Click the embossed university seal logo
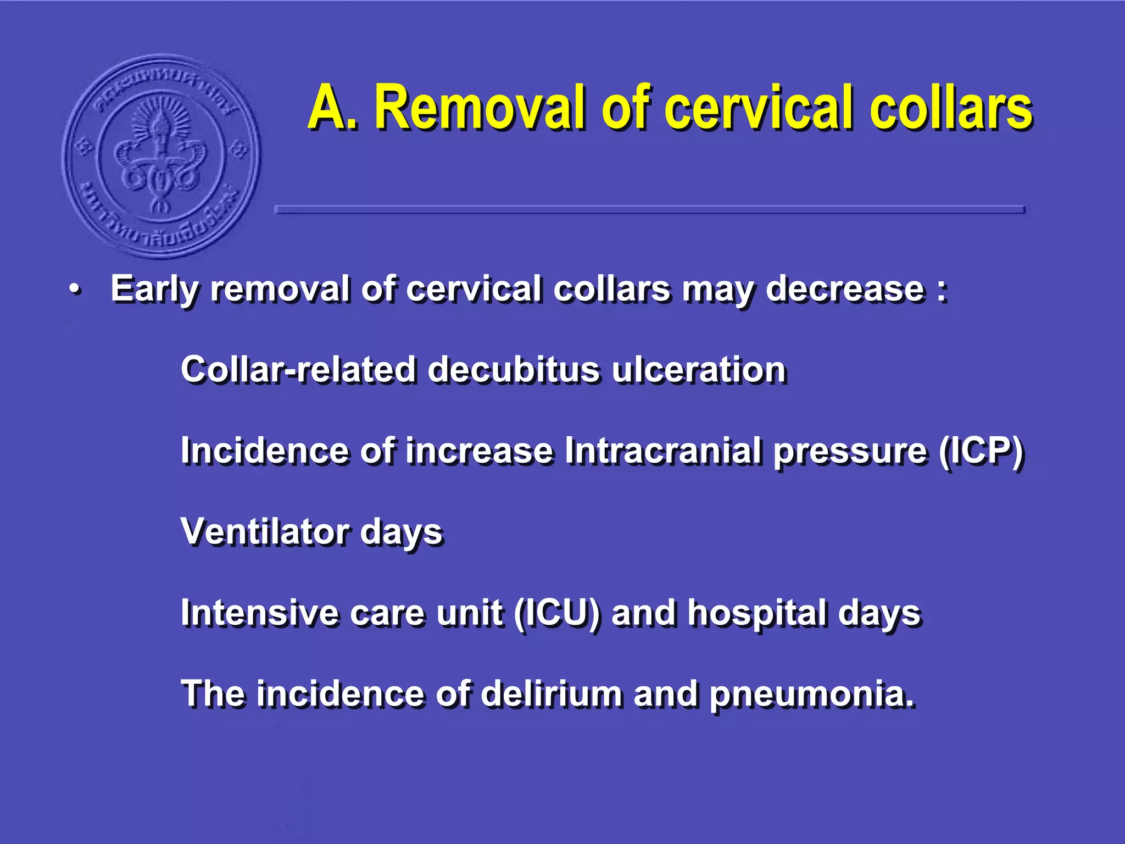tap(161, 157)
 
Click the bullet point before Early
tap(75, 290)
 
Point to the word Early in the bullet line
tap(154, 290)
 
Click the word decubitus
tap(513, 369)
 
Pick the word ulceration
tap(699, 369)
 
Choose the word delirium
tap(552, 693)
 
